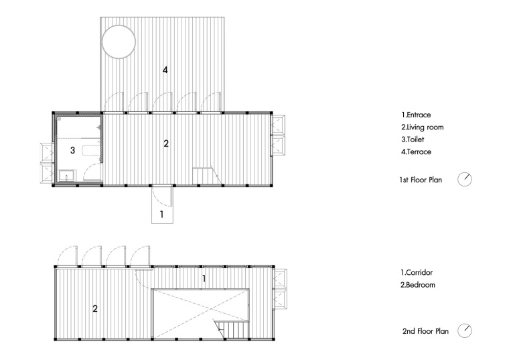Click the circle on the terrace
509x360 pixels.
coord(102,42)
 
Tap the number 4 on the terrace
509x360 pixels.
coord(165,70)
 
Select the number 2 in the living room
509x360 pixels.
coord(166,143)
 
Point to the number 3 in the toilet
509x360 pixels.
coord(73,150)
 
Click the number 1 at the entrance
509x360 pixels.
coord(161,215)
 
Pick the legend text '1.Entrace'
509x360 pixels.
coord(416,115)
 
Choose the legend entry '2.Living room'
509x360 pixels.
coord(423,127)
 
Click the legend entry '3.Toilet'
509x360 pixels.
coord(413,139)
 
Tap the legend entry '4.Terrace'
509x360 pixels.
coord(416,152)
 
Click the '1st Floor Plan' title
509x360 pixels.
coord(421,180)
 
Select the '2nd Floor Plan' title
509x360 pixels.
coord(425,331)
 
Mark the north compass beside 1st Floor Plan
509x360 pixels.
coord(465,180)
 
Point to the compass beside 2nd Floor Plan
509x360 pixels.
coord(465,331)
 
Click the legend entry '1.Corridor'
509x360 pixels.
coord(417,273)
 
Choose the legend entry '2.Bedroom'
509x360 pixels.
coord(418,285)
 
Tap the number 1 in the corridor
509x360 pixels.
coord(204,278)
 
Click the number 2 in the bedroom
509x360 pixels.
coord(95,308)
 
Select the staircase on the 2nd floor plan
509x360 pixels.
coord(232,330)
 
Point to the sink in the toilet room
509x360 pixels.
coord(67,175)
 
